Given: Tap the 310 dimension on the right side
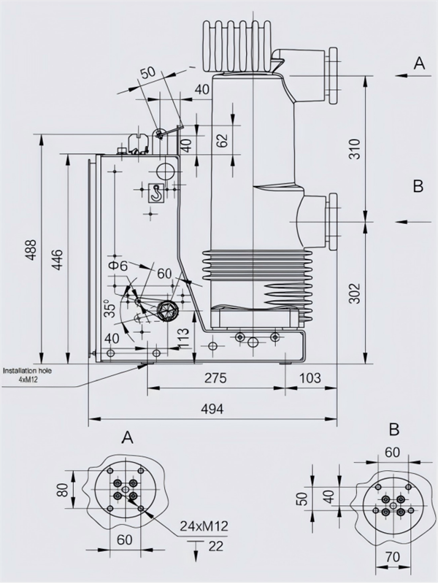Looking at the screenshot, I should point(353,148).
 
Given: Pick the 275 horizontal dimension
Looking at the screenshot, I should point(215,378).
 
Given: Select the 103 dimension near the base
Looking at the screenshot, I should point(310,378).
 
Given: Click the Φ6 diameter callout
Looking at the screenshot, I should point(118,266).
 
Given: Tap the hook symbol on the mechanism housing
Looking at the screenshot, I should point(155,192).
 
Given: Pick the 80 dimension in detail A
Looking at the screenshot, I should point(64,488).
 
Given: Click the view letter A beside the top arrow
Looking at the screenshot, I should point(418,64).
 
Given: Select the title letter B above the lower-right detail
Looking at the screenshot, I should point(393,429).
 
